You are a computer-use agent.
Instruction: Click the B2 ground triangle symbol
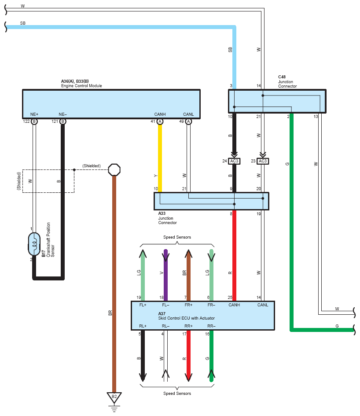tap(114, 398)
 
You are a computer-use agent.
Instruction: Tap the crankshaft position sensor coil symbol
tap(34, 244)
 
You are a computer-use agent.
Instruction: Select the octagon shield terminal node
tap(114, 169)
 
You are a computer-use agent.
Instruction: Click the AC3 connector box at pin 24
tap(234, 161)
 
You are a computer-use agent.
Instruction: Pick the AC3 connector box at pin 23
tap(263, 161)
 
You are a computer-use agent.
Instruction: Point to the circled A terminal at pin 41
tap(160, 121)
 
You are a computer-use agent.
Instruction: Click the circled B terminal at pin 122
tap(34, 121)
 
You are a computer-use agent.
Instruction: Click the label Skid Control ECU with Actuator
tap(186, 318)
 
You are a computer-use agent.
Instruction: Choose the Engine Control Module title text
tap(81, 86)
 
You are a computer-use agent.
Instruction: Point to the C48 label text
tap(282, 77)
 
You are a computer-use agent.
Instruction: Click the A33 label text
tap(162, 214)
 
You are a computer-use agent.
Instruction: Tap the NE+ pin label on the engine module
tap(34, 114)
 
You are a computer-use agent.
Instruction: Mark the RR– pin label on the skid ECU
tap(211, 326)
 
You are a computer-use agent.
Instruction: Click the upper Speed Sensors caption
tap(177, 237)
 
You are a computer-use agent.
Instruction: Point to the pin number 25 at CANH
tap(230, 298)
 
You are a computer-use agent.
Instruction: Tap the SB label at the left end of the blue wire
tap(23, 23)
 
